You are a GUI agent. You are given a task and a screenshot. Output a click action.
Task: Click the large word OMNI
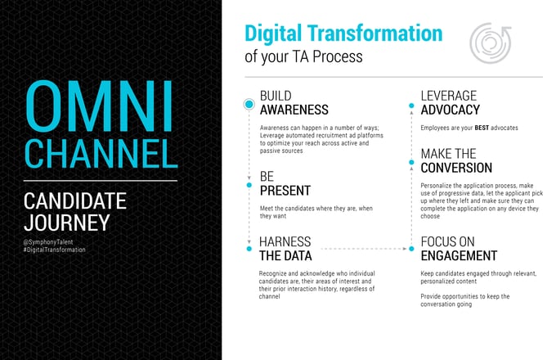click(99, 106)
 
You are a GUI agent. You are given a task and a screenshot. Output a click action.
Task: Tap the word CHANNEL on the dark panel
click(101, 154)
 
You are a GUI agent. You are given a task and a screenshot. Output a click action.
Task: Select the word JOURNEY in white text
click(67, 223)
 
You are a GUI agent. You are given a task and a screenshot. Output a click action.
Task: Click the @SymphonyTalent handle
click(48, 242)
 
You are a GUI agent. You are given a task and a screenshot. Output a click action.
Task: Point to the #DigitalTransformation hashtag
click(54, 250)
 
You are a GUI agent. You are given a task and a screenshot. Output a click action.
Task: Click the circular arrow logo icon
click(491, 43)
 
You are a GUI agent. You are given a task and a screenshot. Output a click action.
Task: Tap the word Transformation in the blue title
click(374, 34)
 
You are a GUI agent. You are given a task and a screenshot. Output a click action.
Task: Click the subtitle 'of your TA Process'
click(303, 56)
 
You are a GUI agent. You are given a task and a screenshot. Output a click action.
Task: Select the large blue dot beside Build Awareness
click(249, 104)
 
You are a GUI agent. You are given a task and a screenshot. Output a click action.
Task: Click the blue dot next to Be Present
click(249, 185)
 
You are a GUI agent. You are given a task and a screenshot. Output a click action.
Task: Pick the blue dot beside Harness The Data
click(249, 249)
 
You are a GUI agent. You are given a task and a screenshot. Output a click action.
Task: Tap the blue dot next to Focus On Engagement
click(411, 249)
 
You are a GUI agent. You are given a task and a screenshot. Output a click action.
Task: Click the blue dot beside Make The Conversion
click(411, 163)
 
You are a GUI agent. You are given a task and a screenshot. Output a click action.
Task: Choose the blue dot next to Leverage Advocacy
click(411, 106)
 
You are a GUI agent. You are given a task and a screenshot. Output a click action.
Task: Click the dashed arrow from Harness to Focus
click(364, 249)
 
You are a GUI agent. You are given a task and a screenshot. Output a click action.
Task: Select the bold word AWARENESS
click(294, 110)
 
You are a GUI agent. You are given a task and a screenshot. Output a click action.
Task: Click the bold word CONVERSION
click(456, 168)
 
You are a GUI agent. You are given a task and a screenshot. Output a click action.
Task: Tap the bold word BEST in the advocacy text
click(482, 128)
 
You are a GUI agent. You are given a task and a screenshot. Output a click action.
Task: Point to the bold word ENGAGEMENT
click(459, 256)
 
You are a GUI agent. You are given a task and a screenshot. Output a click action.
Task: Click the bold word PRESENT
click(285, 191)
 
